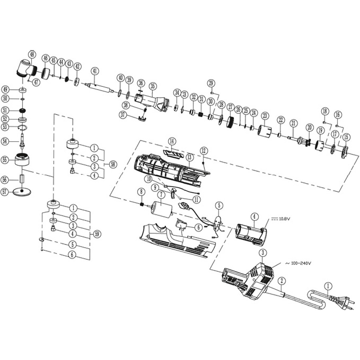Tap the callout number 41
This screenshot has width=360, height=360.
94,71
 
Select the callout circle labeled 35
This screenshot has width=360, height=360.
152,86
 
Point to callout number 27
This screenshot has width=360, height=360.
230,107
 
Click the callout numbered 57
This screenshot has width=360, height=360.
5,192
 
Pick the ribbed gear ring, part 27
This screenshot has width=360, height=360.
230,121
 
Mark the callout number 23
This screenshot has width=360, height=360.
264,116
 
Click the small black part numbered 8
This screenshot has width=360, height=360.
141,205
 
